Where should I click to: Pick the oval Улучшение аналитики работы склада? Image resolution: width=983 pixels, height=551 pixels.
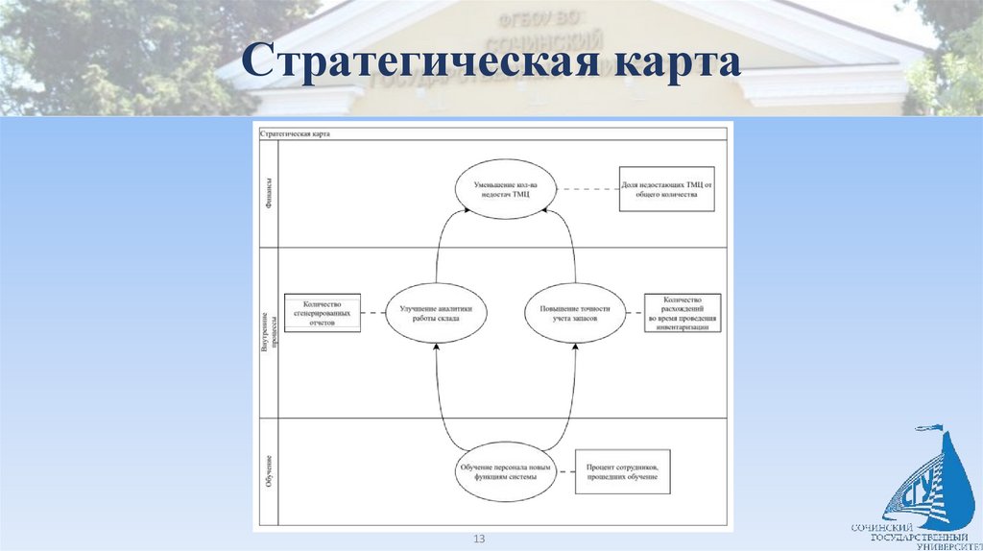436,312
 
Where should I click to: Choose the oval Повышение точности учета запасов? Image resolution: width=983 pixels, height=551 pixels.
575,312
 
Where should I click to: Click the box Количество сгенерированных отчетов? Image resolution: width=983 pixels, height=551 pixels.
323,313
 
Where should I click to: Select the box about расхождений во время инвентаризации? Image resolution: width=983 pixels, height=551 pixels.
683,313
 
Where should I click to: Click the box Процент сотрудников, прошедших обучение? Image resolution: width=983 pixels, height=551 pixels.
621,471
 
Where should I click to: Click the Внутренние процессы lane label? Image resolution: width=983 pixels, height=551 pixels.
268,331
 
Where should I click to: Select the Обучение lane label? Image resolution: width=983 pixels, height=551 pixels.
268,470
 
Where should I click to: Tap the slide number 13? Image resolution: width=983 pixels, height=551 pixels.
478,539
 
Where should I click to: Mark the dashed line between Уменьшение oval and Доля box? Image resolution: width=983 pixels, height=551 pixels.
585,188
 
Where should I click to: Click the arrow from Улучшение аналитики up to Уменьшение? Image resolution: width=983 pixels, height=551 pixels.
443,245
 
